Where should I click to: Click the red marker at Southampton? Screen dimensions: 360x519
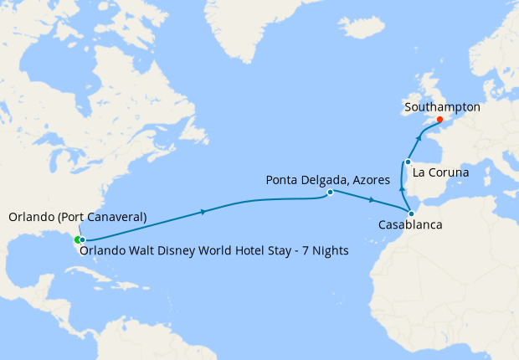point(439,119)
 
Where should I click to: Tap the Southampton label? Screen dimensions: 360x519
point(442,107)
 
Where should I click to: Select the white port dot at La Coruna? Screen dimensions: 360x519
point(408,162)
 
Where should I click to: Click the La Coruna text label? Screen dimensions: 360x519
point(441,172)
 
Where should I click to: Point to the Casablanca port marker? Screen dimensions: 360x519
point(411,213)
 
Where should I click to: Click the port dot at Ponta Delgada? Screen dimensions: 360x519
point(330,193)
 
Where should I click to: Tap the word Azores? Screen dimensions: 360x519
point(365,180)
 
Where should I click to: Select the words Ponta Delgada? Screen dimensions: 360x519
point(302,180)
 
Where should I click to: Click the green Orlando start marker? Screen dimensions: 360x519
point(77,239)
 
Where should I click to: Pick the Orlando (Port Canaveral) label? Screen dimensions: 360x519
point(78,218)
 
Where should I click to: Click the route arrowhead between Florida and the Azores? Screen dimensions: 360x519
point(205,212)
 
